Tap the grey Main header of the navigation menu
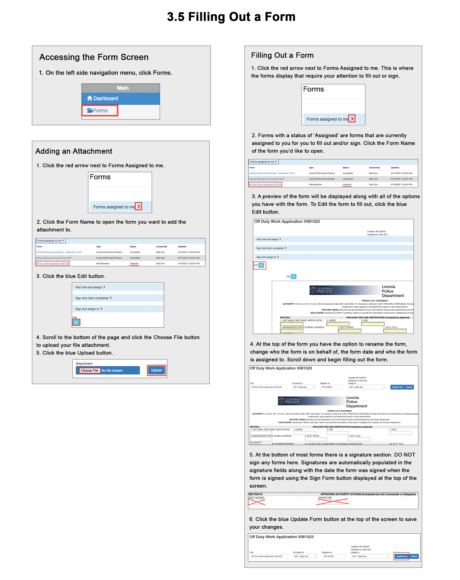click(122, 88)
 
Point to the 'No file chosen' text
click(112, 371)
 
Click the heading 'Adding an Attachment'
click(74, 151)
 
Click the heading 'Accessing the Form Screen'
click(94, 57)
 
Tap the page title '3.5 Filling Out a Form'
click(231, 17)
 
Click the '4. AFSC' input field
click(400, 433)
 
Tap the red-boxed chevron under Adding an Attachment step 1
click(138, 206)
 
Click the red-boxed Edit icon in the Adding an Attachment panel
click(76, 322)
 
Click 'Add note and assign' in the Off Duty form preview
click(267, 239)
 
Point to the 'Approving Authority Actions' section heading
click(368, 494)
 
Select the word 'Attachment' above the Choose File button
click(84, 363)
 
